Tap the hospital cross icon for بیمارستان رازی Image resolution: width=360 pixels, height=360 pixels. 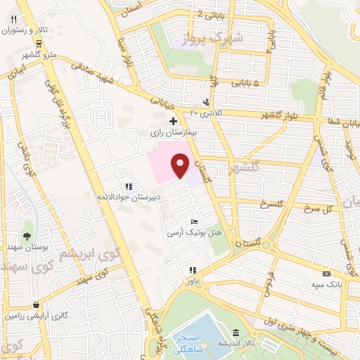pyautogui.click(x=174, y=121)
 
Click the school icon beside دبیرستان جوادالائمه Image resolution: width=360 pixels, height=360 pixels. pyautogui.click(x=128, y=187)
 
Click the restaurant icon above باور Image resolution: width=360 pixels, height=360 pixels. pyautogui.click(x=193, y=270)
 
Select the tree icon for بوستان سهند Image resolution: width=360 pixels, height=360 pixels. pyautogui.click(x=27, y=236)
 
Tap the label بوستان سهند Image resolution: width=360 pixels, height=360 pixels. pyautogui.click(x=27, y=247)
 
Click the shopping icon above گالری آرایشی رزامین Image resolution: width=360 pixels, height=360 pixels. pyautogui.click(x=36, y=305)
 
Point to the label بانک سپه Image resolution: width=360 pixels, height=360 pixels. pyautogui.click(x=326, y=285)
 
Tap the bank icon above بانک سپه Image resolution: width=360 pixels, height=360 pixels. pyautogui.click(x=326, y=274)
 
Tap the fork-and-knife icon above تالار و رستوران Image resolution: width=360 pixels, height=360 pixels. pyautogui.click(x=13, y=19)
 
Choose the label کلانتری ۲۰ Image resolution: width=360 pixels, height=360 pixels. pyautogui.click(x=204, y=112)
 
